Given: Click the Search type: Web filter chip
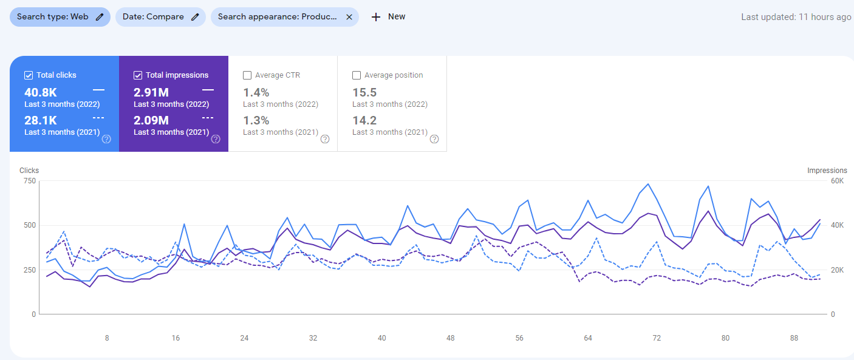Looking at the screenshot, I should click(60, 17).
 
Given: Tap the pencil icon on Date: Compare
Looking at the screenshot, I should click(195, 17).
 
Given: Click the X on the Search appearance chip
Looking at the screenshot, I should click(349, 17).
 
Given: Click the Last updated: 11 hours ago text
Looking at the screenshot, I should click(796, 17).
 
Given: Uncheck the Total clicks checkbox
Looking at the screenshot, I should click(29, 75).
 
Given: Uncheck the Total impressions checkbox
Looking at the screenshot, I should click(138, 75).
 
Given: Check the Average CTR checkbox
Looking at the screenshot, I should click(247, 75).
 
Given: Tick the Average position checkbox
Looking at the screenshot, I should click(357, 75).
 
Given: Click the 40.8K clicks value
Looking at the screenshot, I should click(41, 92).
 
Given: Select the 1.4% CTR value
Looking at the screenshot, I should click(256, 92).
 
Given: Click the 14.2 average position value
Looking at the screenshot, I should click(364, 120).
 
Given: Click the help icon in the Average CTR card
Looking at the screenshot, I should click(325, 139).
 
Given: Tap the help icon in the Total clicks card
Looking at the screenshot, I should click(106, 139).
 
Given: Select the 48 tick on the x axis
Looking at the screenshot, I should click(450, 338).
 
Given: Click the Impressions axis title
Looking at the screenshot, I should click(827, 171).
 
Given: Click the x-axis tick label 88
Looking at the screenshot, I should click(794, 338).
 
